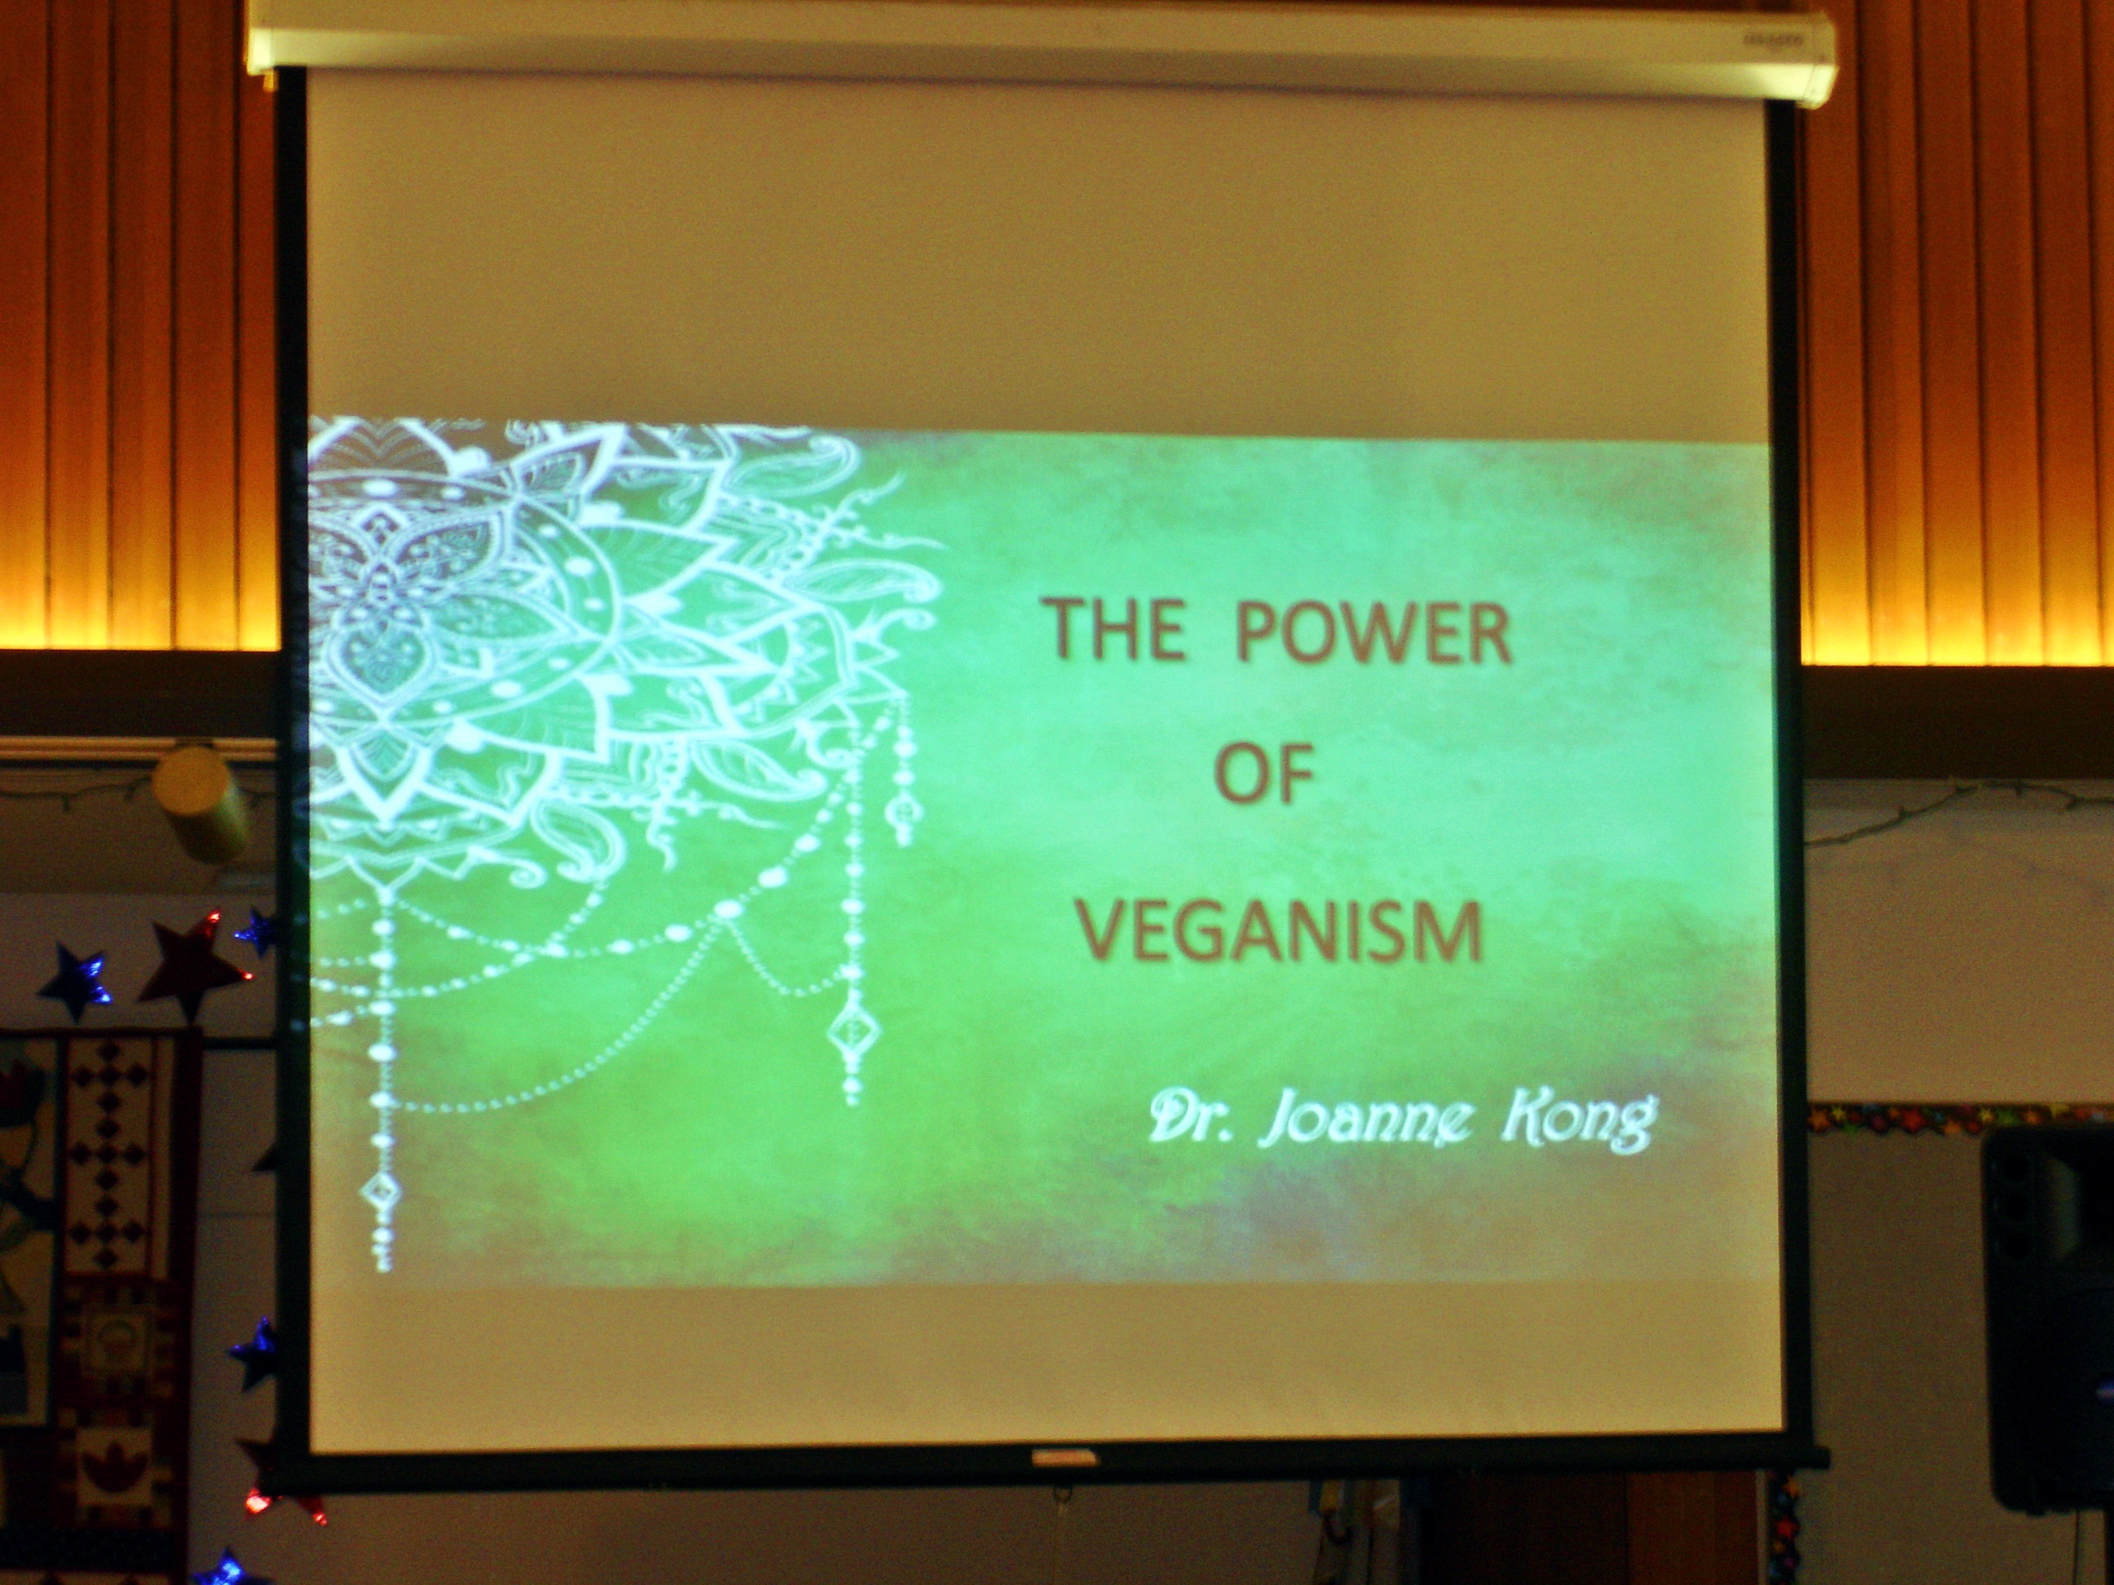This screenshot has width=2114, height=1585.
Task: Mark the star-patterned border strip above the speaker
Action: pos(1959,1116)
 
